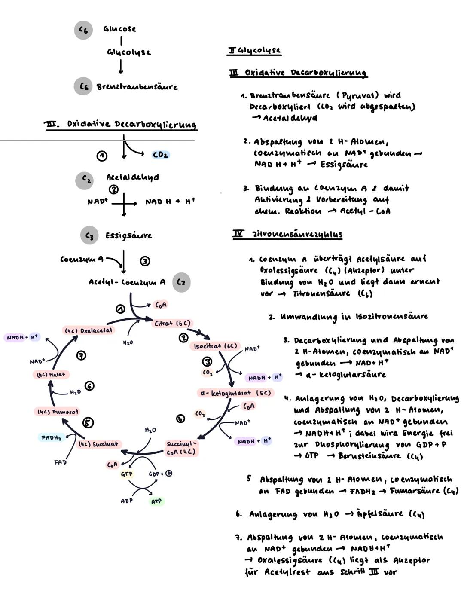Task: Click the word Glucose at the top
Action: tap(119, 29)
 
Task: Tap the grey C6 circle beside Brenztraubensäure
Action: tap(83, 86)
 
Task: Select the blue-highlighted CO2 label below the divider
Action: tap(160, 155)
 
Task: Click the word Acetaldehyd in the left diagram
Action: tap(132, 177)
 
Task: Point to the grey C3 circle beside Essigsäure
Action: tap(89, 235)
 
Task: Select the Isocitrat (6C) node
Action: tap(215, 346)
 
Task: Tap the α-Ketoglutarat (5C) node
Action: tap(235, 393)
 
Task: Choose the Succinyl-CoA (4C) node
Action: tap(181, 448)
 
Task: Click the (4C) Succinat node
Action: tap(98, 444)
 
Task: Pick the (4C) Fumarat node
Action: tap(57, 412)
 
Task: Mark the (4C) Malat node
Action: tap(51, 375)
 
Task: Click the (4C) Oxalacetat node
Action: tap(89, 330)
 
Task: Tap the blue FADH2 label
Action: tap(51, 437)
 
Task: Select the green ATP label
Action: tap(156, 501)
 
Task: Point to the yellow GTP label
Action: tap(127, 474)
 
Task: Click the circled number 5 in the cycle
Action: tap(88, 423)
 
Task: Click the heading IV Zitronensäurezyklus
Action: tap(287, 235)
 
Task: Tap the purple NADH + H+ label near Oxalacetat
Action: tap(22, 337)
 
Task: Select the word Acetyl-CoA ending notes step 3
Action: tap(365, 211)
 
